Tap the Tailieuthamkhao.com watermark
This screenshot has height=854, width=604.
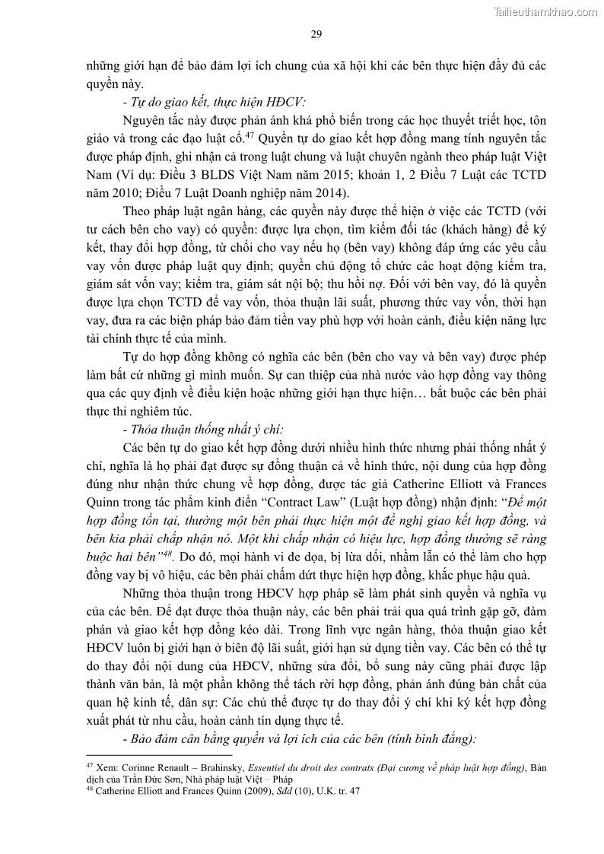tap(545, 11)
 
